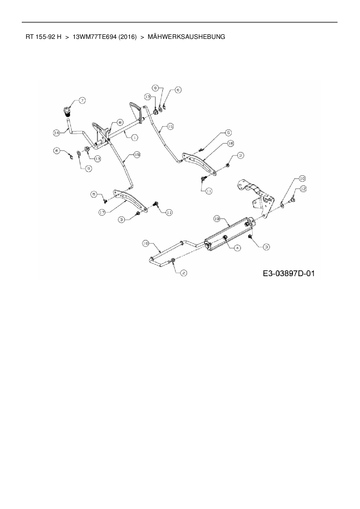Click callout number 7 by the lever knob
(x=82, y=100)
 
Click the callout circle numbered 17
(x=102, y=212)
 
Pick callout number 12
(x=303, y=189)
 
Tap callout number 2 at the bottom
(x=183, y=273)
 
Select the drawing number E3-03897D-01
(x=289, y=273)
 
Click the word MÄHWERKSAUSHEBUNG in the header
(x=186, y=37)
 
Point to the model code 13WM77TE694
(x=95, y=37)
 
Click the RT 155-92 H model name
(x=44, y=37)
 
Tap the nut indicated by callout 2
(x=173, y=260)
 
